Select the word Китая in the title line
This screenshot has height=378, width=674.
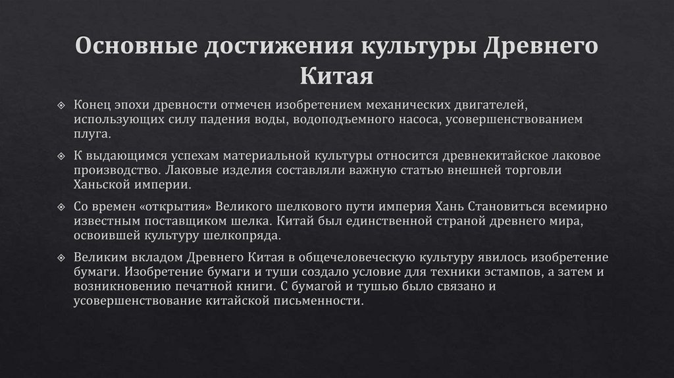click(337, 76)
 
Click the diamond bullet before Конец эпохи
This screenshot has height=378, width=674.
click(61, 105)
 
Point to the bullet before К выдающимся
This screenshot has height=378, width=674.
click(61, 155)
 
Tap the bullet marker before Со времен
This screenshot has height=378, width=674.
click(61, 206)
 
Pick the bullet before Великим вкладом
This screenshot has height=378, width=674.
click(61, 256)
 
